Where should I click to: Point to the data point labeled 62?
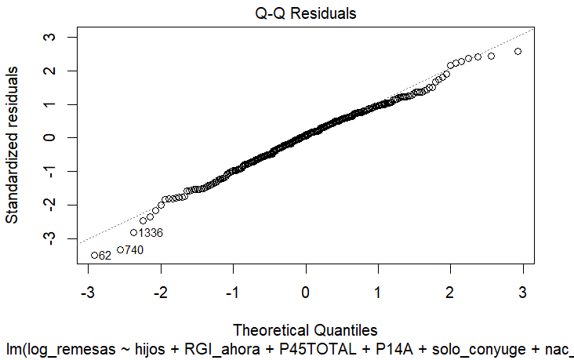[95, 255]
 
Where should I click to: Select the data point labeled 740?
[121, 249]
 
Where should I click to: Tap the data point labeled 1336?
[133, 232]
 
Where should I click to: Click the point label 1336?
[150, 233]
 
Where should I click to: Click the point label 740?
[134, 250]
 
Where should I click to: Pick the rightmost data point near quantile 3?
[518, 51]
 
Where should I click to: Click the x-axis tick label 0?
[306, 293]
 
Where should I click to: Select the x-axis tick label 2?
[450, 293]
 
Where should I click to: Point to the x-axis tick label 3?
[522, 293]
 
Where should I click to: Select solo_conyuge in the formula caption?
[424, 347]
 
